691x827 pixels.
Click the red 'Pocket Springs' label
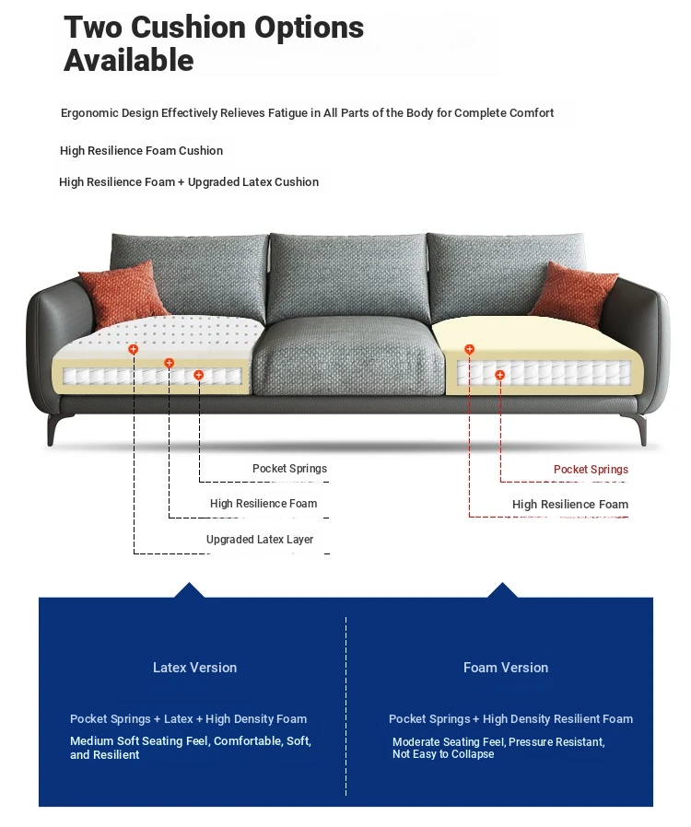click(x=591, y=470)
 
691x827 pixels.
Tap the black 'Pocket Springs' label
click(x=289, y=469)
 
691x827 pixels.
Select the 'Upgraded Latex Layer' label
click(x=260, y=540)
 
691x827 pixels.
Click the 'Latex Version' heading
click(x=194, y=668)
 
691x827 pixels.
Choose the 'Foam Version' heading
click(x=505, y=668)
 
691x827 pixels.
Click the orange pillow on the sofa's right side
click(x=572, y=293)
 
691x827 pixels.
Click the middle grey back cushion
click(x=347, y=276)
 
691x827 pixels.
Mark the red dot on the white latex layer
click(x=134, y=350)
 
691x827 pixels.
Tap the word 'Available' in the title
click(x=128, y=61)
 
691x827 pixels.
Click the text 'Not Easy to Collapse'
click(x=443, y=754)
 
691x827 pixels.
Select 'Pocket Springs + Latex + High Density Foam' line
click(x=188, y=719)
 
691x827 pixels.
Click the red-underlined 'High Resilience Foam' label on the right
click(x=569, y=505)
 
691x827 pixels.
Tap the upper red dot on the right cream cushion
click(x=469, y=350)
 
